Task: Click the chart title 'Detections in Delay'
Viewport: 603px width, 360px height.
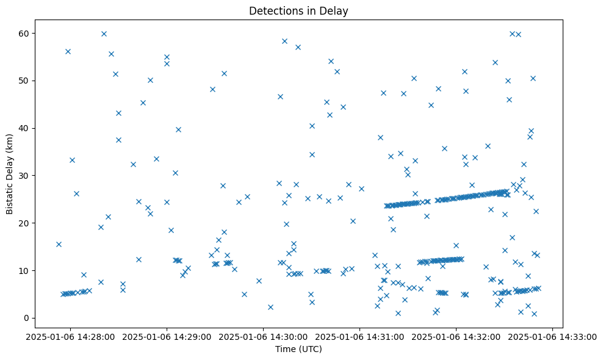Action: tap(298, 10)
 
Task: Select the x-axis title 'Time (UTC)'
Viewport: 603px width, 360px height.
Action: tap(298, 349)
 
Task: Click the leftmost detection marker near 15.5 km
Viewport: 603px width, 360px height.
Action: tap(59, 244)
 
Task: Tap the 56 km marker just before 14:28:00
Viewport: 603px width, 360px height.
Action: tap(68, 51)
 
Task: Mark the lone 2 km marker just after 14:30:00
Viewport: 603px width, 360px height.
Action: tap(270, 307)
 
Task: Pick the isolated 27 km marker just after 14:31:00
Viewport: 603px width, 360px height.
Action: tap(361, 189)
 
